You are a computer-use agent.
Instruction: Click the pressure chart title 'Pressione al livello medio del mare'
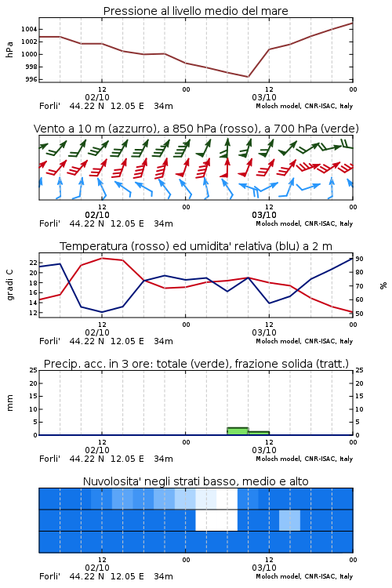click(x=195, y=11)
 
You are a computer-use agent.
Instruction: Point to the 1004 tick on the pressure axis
click(x=29, y=29)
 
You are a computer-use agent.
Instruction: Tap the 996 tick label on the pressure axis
click(x=31, y=79)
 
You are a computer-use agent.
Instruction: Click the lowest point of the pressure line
click(x=248, y=77)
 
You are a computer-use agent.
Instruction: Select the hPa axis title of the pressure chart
click(x=9, y=49)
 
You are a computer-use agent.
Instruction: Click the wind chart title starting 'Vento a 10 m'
click(x=196, y=129)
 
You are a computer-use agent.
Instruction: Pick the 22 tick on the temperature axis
click(x=34, y=263)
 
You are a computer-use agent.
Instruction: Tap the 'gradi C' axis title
click(x=9, y=285)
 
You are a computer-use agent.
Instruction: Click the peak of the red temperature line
click(x=102, y=258)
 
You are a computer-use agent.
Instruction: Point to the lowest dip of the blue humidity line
click(x=102, y=312)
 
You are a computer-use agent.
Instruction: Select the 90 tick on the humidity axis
click(x=359, y=259)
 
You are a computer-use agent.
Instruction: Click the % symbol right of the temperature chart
click(x=383, y=285)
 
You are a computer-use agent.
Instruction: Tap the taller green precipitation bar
click(x=238, y=431)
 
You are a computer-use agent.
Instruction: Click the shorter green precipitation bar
click(x=259, y=433)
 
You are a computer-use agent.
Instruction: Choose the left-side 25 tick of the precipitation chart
click(x=34, y=370)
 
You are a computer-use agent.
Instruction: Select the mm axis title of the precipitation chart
click(x=9, y=403)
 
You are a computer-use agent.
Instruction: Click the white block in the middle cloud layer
click(x=216, y=520)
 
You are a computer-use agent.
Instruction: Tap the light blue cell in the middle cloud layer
click(x=289, y=520)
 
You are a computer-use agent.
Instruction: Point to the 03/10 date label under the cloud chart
click(x=264, y=568)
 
